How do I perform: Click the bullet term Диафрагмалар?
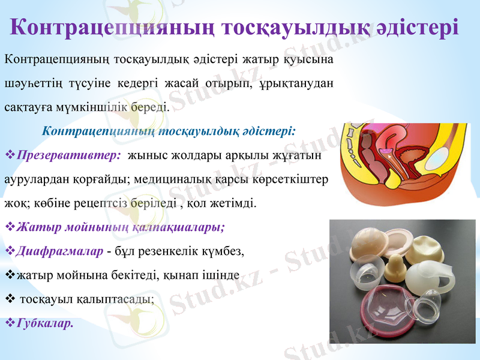click(x=60, y=251)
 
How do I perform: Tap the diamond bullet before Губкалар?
click(x=9, y=323)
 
